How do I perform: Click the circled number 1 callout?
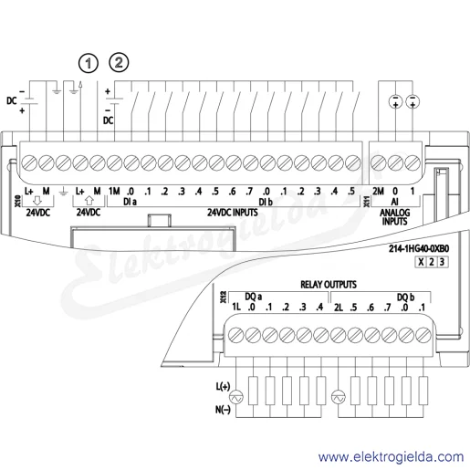(89, 63)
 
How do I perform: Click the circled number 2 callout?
(119, 62)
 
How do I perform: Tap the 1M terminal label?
(114, 191)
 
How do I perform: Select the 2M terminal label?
(378, 191)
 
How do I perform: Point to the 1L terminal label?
(236, 307)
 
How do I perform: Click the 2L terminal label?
(339, 308)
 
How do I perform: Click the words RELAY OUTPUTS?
(329, 285)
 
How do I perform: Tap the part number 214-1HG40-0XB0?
(419, 248)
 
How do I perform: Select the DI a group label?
(130, 202)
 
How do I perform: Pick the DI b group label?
(266, 202)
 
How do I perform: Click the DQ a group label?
(253, 297)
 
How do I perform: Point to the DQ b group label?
(405, 297)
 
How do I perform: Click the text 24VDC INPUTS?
(233, 213)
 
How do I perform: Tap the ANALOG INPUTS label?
(394, 217)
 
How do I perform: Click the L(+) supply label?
(223, 386)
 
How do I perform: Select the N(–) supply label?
(223, 410)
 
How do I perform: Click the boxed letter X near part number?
(421, 262)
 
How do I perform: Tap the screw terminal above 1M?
(114, 162)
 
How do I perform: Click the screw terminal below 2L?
(339, 336)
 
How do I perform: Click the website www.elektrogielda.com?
(391, 457)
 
